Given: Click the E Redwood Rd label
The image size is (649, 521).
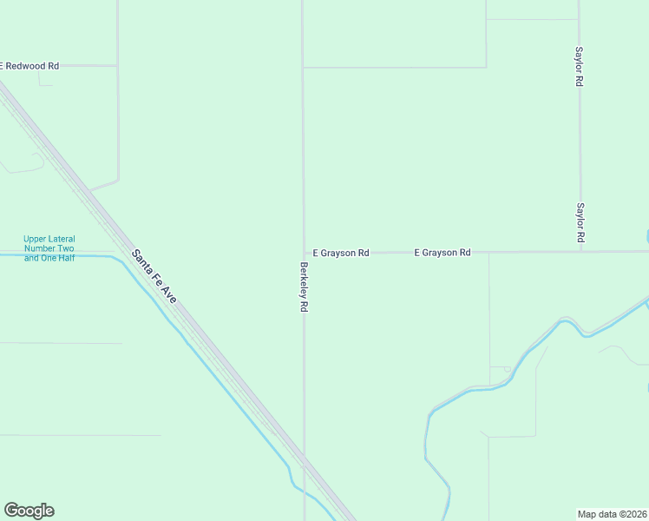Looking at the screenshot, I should click(x=30, y=66).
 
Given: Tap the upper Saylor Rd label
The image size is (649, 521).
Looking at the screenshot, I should click(x=579, y=66).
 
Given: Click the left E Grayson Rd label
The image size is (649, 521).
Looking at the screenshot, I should click(x=341, y=253).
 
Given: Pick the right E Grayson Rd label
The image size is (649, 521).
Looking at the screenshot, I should click(x=442, y=253).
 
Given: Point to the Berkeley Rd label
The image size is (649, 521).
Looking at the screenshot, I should click(x=304, y=287).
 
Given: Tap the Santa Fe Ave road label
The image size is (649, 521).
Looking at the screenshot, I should click(x=154, y=276).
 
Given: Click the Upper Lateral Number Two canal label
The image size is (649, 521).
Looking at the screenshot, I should click(x=49, y=248).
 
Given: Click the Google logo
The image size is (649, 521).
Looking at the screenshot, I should click(x=29, y=511).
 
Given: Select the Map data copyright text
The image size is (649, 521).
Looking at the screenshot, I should click(x=613, y=514).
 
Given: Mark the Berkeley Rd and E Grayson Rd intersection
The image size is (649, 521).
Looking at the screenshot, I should click(x=303, y=253).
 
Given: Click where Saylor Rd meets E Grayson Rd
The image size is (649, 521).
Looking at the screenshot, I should click(x=580, y=252).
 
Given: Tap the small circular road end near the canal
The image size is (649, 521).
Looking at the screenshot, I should click(x=508, y=369).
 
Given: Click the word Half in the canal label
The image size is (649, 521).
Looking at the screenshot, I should click(x=64, y=258).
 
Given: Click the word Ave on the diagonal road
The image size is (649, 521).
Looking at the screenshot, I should click(x=168, y=294).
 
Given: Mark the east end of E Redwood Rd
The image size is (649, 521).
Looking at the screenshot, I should click(x=117, y=65).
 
